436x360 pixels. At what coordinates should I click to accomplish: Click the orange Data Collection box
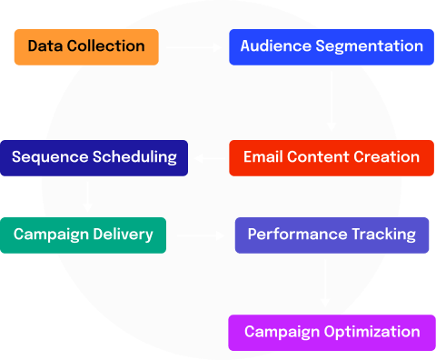(86, 47)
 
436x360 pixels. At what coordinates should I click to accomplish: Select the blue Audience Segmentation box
(332, 47)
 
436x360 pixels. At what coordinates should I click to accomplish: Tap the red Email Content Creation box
(332, 158)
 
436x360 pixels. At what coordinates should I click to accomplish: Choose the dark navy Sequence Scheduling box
(94, 158)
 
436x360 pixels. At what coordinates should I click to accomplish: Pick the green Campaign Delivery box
(83, 235)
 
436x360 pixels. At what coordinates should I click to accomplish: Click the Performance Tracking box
(332, 235)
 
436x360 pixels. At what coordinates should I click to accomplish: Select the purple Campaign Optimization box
(332, 333)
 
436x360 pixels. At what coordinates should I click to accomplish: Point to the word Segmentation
(370, 47)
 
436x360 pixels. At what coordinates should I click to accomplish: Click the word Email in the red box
(263, 157)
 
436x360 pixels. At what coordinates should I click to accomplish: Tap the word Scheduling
(134, 157)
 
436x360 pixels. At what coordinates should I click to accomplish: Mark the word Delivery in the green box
(123, 235)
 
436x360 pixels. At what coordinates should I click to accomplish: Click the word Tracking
(384, 235)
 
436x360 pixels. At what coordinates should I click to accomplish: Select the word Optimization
(372, 332)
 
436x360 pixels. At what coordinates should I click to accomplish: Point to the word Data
(45, 46)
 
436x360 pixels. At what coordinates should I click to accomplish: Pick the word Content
(318, 157)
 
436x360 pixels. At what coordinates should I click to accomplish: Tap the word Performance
(298, 235)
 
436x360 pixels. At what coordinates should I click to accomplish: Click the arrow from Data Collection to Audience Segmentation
(193, 47)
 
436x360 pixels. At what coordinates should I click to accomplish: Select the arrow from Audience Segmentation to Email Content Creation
(332, 101)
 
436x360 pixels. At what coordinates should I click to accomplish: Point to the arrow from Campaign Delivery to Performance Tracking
(201, 235)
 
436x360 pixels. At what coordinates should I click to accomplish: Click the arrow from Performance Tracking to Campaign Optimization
(325, 283)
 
